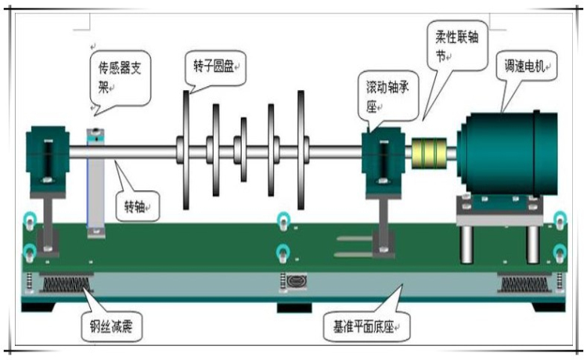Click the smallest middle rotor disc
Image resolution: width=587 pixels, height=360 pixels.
(243, 149)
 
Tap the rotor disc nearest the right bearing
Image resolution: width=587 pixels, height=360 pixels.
(301, 149)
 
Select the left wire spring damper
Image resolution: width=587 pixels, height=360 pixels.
(66, 282)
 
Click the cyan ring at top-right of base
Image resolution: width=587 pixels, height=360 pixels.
(560, 218)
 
